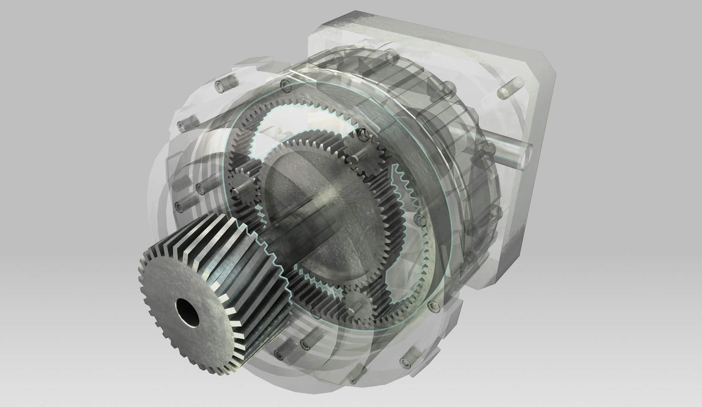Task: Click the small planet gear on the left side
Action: coord(241,189)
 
